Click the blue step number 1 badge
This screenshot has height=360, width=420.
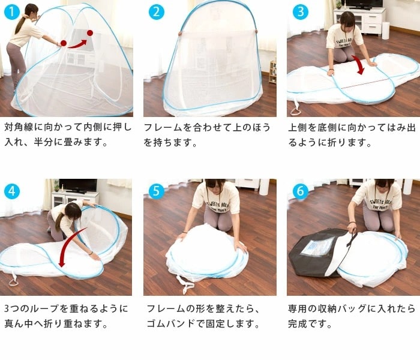click(x=12, y=12)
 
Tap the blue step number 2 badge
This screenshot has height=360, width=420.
click(x=157, y=12)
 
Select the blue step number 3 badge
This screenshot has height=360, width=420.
click(x=300, y=12)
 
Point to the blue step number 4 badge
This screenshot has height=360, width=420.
click(x=12, y=191)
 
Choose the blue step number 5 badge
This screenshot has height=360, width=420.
click(x=157, y=191)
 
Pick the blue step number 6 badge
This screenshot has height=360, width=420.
click(x=300, y=191)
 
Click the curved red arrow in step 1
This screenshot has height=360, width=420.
click(x=77, y=45)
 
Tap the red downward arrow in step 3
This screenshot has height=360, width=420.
click(x=359, y=64)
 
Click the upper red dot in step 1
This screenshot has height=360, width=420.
click(x=90, y=33)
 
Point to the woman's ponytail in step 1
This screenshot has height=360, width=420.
click(x=19, y=25)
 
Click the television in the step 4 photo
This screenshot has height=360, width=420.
click(x=78, y=185)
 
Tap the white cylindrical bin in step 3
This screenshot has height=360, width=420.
click(x=385, y=31)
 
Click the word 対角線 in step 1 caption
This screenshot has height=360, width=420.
click(x=19, y=127)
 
